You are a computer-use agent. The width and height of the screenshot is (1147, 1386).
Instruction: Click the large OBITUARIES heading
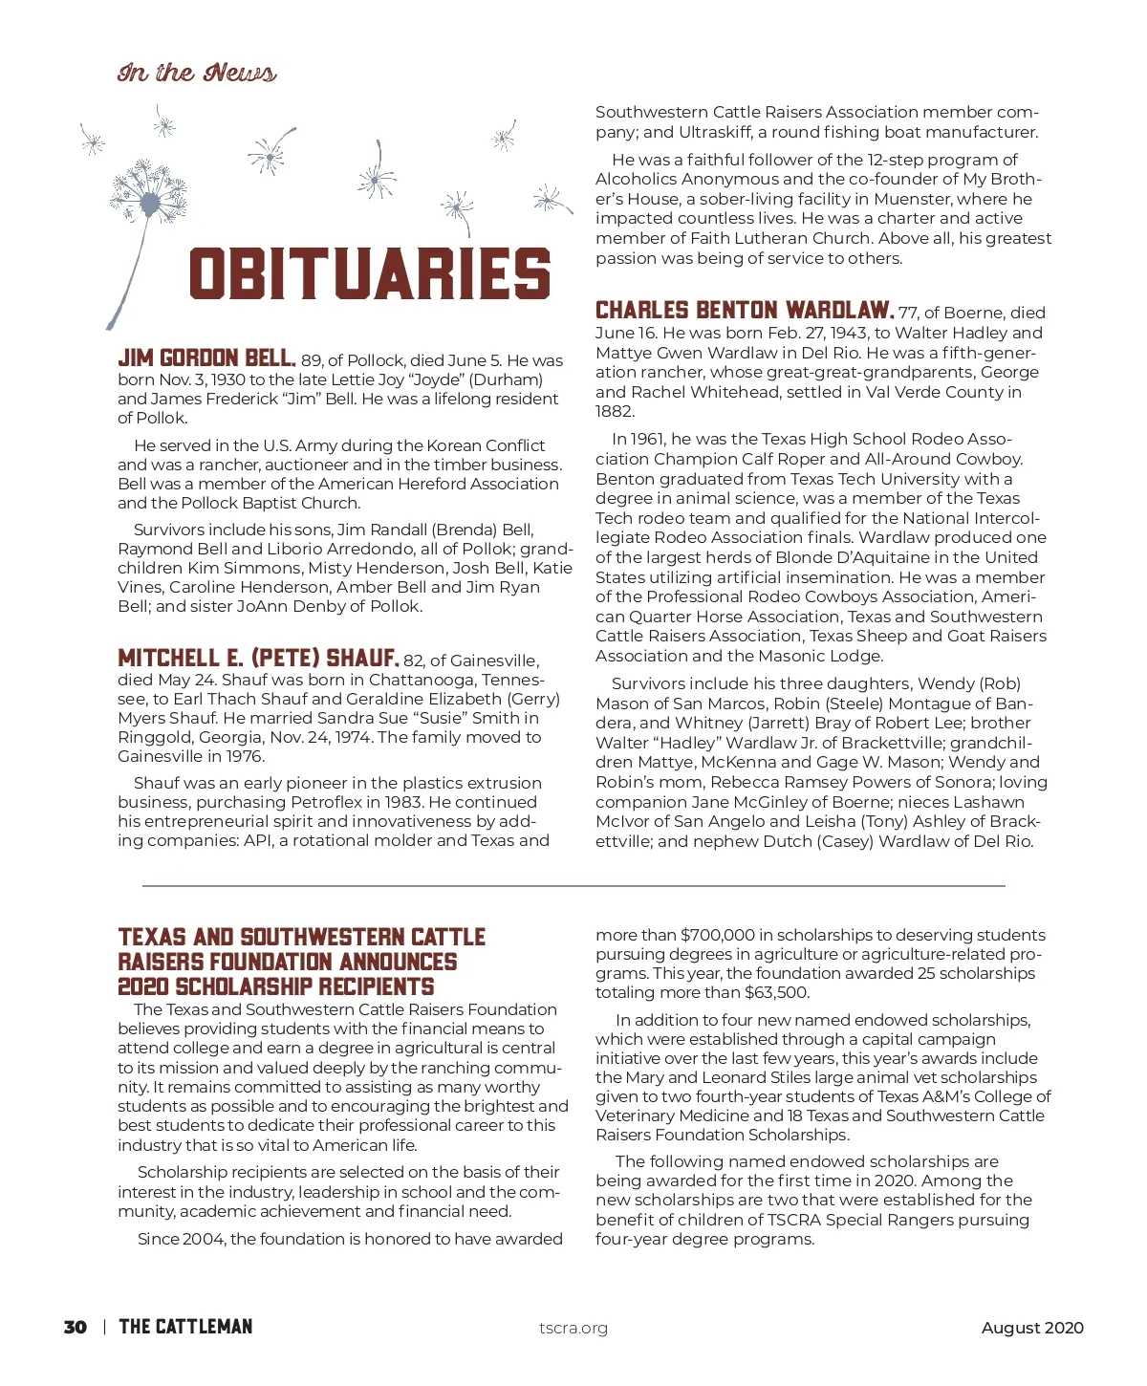(369, 274)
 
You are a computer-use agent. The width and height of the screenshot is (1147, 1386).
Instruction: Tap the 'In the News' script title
(197, 73)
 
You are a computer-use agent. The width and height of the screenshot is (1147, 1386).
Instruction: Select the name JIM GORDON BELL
(206, 358)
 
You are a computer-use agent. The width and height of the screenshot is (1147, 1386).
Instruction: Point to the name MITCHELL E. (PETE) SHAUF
(258, 659)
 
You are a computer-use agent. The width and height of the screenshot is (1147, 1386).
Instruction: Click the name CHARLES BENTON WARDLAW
(745, 311)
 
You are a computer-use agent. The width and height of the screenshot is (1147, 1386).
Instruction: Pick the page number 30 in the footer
(76, 1327)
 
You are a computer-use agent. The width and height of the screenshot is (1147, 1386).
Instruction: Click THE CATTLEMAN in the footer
(185, 1327)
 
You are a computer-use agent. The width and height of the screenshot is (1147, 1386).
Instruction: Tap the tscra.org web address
(573, 1328)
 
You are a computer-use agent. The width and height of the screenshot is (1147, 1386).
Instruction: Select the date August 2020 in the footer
(1032, 1328)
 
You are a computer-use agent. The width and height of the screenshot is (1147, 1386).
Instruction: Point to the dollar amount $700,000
(718, 935)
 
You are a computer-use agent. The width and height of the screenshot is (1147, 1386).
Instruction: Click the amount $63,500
(776, 992)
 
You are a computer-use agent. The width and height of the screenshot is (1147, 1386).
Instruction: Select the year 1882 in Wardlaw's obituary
(615, 411)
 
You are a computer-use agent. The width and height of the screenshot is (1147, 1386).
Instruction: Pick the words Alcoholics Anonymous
(687, 179)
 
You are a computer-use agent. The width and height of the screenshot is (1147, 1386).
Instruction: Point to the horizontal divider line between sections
(573, 886)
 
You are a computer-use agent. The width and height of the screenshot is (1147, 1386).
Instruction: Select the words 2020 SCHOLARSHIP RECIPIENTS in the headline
(275, 986)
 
